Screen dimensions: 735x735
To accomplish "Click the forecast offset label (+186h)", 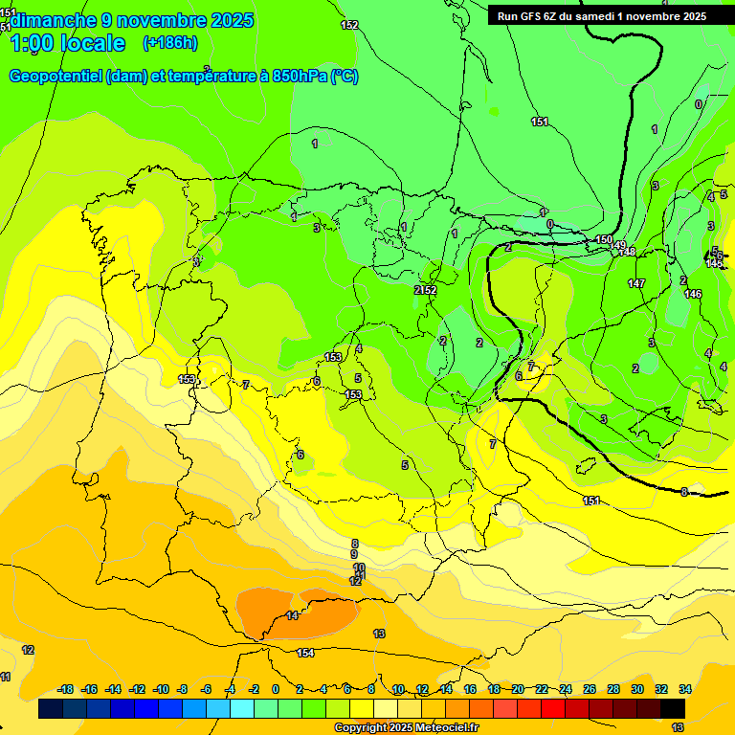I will tap(169, 43).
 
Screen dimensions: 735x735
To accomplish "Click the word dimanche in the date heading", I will tap(53, 20).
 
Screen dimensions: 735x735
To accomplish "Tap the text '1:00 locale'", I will tap(68, 43).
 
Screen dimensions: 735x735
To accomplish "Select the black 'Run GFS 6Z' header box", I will tap(602, 15).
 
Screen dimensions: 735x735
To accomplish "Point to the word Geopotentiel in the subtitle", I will tap(56, 77).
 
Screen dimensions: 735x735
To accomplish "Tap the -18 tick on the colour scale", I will tap(66, 689).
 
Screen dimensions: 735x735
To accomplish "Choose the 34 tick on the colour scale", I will tap(685, 689).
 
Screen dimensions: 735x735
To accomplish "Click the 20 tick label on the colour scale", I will tap(519, 689).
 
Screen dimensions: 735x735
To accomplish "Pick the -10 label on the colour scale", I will tap(161, 689).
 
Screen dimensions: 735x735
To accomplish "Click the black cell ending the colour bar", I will tap(673, 708).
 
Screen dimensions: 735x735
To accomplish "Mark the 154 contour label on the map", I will tap(305, 653).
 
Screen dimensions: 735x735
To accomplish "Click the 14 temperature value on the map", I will tap(292, 615).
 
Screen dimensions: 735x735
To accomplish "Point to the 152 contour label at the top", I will tap(349, 25).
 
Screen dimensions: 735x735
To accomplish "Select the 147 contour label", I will tap(636, 283).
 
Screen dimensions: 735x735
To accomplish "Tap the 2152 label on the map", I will tap(426, 289).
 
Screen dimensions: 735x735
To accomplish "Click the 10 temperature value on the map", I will tap(359, 568).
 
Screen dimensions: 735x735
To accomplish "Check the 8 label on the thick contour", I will tap(684, 492).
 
